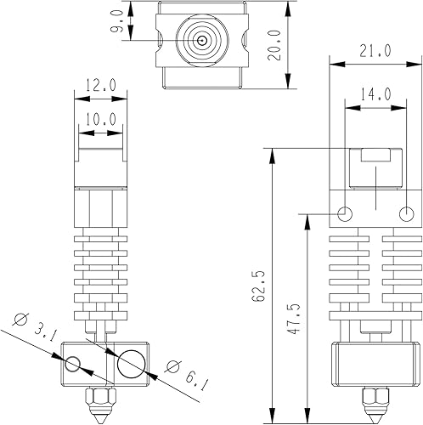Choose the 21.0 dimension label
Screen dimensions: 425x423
(374, 51)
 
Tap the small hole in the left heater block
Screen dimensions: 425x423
(74, 365)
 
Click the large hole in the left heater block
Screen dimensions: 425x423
(132, 364)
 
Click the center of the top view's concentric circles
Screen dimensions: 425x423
(201, 39)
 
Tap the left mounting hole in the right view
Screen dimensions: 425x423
(345, 212)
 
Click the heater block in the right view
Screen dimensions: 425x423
(375, 362)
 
